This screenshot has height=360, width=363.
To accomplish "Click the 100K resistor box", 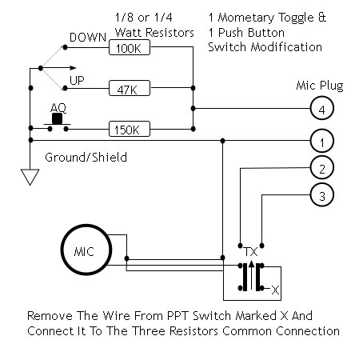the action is pos(130,47).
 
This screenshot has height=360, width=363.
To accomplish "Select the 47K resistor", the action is pos(130,88).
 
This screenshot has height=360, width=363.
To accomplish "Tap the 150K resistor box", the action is pos(130,129).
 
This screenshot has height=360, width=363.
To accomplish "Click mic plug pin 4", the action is pos(322,108).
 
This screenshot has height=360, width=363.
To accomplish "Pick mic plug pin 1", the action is pos(322,141).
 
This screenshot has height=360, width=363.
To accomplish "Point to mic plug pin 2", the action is pos(322,168).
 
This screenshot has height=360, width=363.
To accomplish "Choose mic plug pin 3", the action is pos(322,194).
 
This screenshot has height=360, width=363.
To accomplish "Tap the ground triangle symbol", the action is pos(30,177).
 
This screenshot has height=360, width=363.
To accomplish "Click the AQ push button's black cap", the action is pos(57,118).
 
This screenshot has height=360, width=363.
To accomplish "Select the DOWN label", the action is pos(88,38).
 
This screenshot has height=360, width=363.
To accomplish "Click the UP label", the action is pos(77,80).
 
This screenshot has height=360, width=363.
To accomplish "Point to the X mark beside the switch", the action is pos(276,290).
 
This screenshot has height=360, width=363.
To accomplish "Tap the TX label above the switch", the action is pos(251,252).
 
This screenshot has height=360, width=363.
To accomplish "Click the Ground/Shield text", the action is pos(86,158).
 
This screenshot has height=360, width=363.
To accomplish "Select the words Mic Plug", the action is pos(320,86).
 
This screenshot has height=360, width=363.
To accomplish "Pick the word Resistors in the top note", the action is pos(170,33).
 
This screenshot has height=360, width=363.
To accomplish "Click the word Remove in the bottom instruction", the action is pos(50,316).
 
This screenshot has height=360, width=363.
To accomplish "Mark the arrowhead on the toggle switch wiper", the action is pos(73,68).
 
